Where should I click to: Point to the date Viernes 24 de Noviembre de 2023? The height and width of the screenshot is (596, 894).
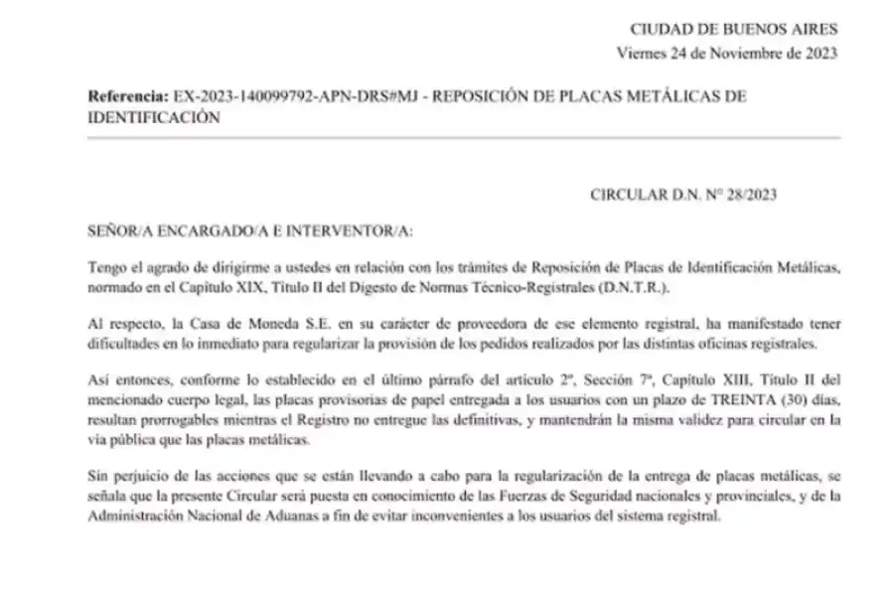coord(728,53)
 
